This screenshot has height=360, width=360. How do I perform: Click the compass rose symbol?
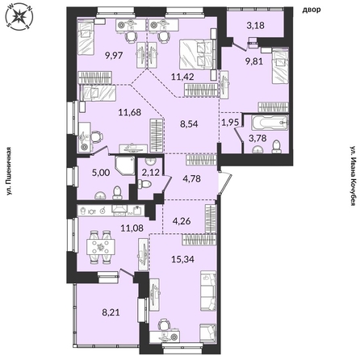[x=19, y=17]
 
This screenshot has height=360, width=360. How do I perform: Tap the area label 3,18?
[x=255, y=26]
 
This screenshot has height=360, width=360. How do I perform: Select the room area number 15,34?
[x=182, y=259]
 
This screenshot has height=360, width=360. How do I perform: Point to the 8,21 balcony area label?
[x=111, y=312]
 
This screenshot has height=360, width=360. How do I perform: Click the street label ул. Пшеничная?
[x=9, y=170]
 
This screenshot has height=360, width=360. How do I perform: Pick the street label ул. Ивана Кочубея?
[x=354, y=176]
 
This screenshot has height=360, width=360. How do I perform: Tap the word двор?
[x=312, y=10]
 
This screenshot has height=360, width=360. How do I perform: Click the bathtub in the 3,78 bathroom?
[x=270, y=123]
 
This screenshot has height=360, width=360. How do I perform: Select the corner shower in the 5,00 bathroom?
[x=125, y=165]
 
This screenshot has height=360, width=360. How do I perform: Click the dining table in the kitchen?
[x=100, y=248]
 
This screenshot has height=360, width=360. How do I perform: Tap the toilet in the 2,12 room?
[x=144, y=185]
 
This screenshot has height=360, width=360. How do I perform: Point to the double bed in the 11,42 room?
[x=196, y=54]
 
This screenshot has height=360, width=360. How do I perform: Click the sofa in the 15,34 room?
[x=208, y=291]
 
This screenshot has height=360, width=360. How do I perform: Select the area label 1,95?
[x=230, y=123]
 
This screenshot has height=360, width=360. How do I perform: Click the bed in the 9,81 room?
[x=280, y=65]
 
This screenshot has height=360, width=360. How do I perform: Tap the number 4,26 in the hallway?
[x=182, y=221]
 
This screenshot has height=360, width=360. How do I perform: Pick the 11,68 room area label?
[x=130, y=112]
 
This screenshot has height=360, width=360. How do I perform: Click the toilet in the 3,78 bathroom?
[x=276, y=147]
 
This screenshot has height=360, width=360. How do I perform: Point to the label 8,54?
[x=189, y=124]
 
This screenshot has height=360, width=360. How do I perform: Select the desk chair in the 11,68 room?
[x=95, y=136]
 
